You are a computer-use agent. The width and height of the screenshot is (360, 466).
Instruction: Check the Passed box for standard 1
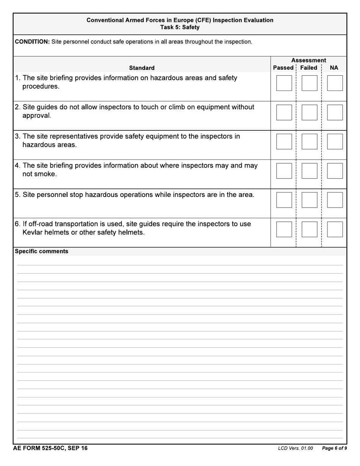coord(284,83)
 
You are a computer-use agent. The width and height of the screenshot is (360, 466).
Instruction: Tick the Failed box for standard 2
coord(309,112)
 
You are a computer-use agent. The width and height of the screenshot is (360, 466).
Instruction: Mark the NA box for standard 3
coord(335,141)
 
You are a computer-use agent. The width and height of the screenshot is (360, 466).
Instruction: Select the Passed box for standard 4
coord(284,171)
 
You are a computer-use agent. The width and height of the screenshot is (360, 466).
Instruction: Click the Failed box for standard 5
coord(309,200)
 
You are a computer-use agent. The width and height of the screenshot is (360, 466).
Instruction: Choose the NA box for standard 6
coord(335,229)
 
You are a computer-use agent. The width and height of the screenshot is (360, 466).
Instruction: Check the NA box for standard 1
coord(335,83)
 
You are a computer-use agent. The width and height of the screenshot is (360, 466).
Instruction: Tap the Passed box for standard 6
coord(284,229)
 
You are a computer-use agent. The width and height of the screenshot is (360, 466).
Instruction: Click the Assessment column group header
coord(308,60)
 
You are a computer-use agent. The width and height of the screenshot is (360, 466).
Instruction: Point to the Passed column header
coord(283,68)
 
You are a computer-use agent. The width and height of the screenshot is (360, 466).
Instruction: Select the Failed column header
coord(308,68)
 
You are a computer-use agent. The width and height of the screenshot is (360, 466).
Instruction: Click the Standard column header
coord(142,68)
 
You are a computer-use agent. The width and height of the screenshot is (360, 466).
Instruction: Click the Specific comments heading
coord(41,251)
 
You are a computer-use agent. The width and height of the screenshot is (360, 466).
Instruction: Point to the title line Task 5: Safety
coord(180,27)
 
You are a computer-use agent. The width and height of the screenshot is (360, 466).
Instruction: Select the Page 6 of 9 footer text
coord(334,449)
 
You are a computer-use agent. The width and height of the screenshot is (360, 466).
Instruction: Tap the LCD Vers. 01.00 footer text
coord(295,449)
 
